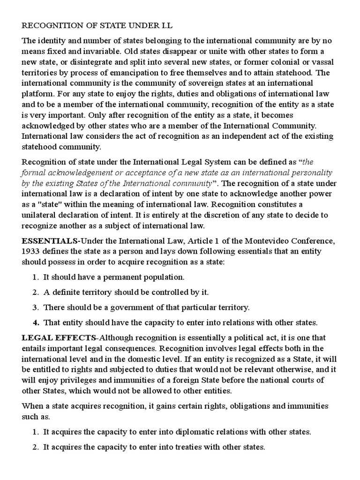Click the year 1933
click(x=30, y=252)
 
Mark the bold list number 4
click(x=35, y=322)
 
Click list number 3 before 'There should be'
click(x=35, y=307)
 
